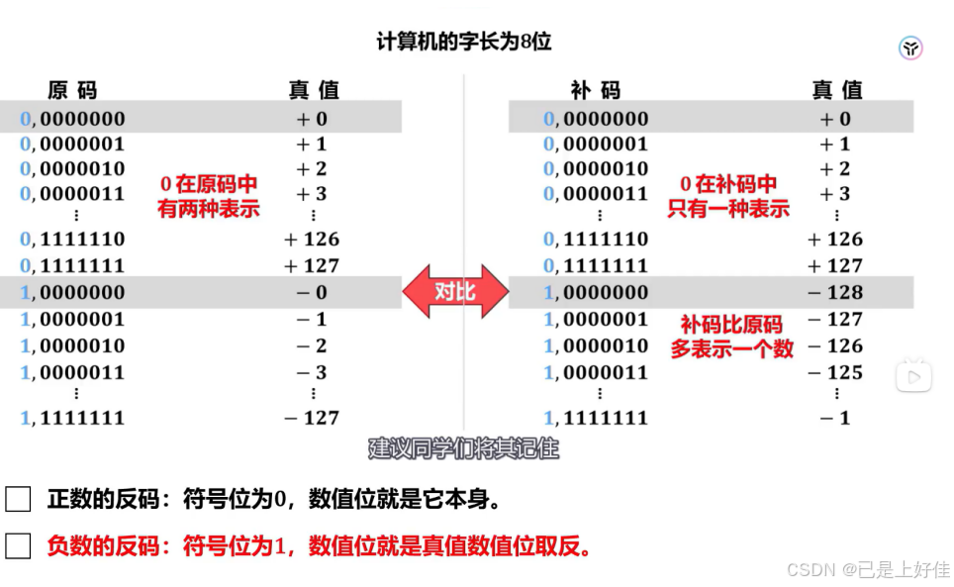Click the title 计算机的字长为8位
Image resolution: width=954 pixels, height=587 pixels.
[463, 43]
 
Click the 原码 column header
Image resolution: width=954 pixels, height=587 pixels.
[72, 90]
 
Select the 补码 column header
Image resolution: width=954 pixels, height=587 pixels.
[596, 90]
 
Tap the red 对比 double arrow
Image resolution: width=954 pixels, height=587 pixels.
[455, 292]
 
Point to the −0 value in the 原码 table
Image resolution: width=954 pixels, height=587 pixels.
[311, 292]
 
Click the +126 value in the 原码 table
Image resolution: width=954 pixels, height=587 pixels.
[311, 239]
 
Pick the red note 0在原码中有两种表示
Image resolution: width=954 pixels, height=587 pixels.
[209, 197]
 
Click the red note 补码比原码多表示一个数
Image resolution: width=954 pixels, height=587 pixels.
[731, 337]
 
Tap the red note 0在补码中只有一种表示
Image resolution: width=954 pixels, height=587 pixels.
[729, 197]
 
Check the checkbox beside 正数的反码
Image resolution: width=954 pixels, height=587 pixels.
[18, 499]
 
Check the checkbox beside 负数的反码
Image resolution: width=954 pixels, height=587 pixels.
[18, 545]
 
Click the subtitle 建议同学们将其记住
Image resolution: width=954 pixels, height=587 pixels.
[464, 448]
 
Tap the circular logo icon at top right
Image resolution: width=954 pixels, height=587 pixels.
[910, 48]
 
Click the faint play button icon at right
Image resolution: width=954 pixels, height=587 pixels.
[913, 375]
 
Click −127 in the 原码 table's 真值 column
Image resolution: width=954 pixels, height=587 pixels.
[311, 418]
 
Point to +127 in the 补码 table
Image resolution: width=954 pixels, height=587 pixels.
[835, 265]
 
